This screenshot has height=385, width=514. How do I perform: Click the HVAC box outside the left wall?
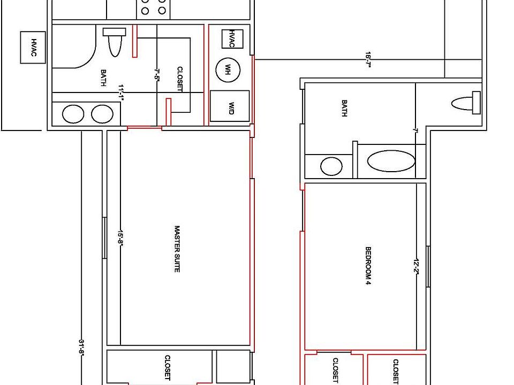[32, 47]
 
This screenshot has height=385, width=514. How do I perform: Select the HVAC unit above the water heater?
[232, 38]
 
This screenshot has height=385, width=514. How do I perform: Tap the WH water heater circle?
[228, 70]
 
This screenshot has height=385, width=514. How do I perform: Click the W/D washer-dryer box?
[230, 105]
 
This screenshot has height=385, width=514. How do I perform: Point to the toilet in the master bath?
[114, 42]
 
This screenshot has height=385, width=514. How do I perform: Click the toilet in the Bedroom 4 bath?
[466, 103]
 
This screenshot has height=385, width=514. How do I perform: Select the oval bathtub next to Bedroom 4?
[391, 161]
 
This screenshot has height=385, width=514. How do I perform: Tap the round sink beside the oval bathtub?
[331, 166]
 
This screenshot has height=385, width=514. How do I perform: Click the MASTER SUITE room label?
[177, 249]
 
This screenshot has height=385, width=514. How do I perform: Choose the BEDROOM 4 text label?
[368, 266]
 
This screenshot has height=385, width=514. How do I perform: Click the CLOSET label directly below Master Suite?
[168, 368]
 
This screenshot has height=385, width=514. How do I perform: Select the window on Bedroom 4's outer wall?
[428, 266]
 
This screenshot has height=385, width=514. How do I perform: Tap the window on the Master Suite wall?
[105, 238]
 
